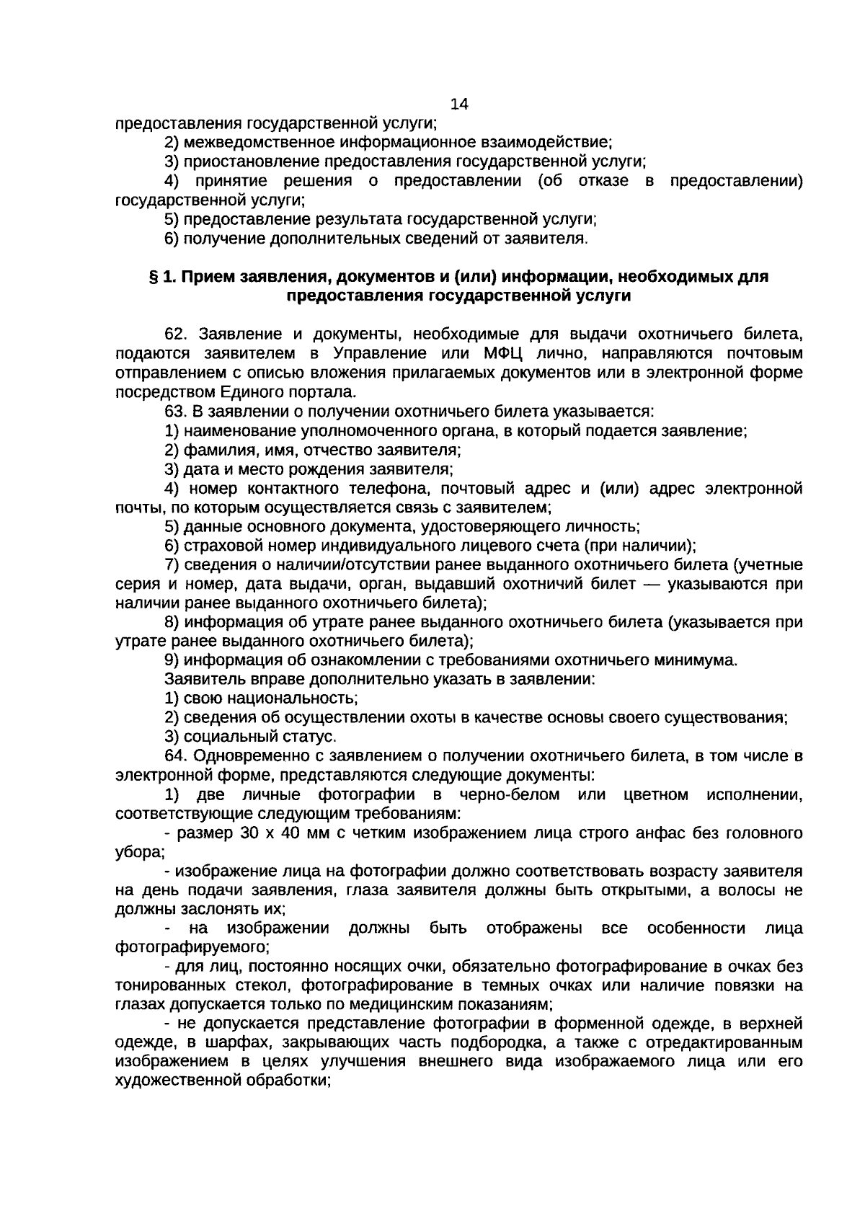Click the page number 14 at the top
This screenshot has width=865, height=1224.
(459, 104)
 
